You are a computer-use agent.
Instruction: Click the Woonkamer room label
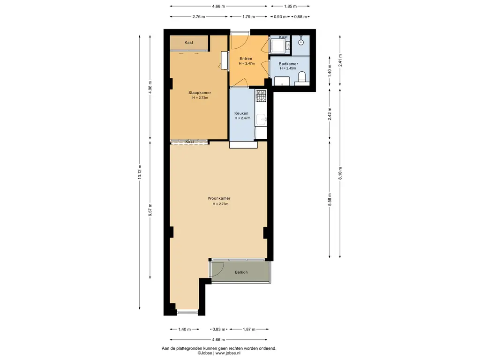tap(219, 198)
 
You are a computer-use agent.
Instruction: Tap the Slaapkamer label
tap(200, 93)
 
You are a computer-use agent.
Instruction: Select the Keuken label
tap(241, 113)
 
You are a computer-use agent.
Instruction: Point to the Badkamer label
tap(288, 64)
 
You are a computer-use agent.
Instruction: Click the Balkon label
tap(241, 272)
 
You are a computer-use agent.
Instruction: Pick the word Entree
tap(246, 59)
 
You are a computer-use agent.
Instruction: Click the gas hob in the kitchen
tap(261, 96)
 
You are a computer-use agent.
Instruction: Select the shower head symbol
tap(301, 42)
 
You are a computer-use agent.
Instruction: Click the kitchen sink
tap(261, 120)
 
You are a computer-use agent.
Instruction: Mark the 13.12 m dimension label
tap(140, 173)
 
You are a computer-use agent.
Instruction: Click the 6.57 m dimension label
tap(150, 210)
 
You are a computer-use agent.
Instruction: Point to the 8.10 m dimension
tap(340, 173)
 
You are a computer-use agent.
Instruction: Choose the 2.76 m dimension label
tap(199, 16)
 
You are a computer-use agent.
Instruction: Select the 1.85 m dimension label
tap(290, 6)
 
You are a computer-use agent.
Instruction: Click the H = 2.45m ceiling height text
tap(288, 68)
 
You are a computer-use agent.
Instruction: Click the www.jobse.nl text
tap(228, 353)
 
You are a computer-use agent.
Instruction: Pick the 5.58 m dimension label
tap(330, 200)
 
